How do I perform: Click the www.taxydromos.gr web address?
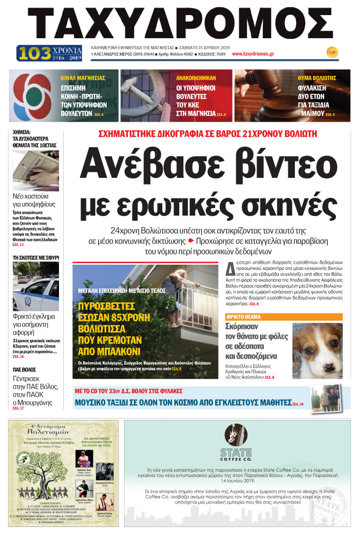click(x=253, y=54)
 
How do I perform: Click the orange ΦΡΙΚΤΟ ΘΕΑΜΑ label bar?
click(x=284, y=317)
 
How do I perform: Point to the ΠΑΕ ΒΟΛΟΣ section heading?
click(x=25, y=369)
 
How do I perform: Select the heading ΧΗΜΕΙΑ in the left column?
click(x=22, y=133)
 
